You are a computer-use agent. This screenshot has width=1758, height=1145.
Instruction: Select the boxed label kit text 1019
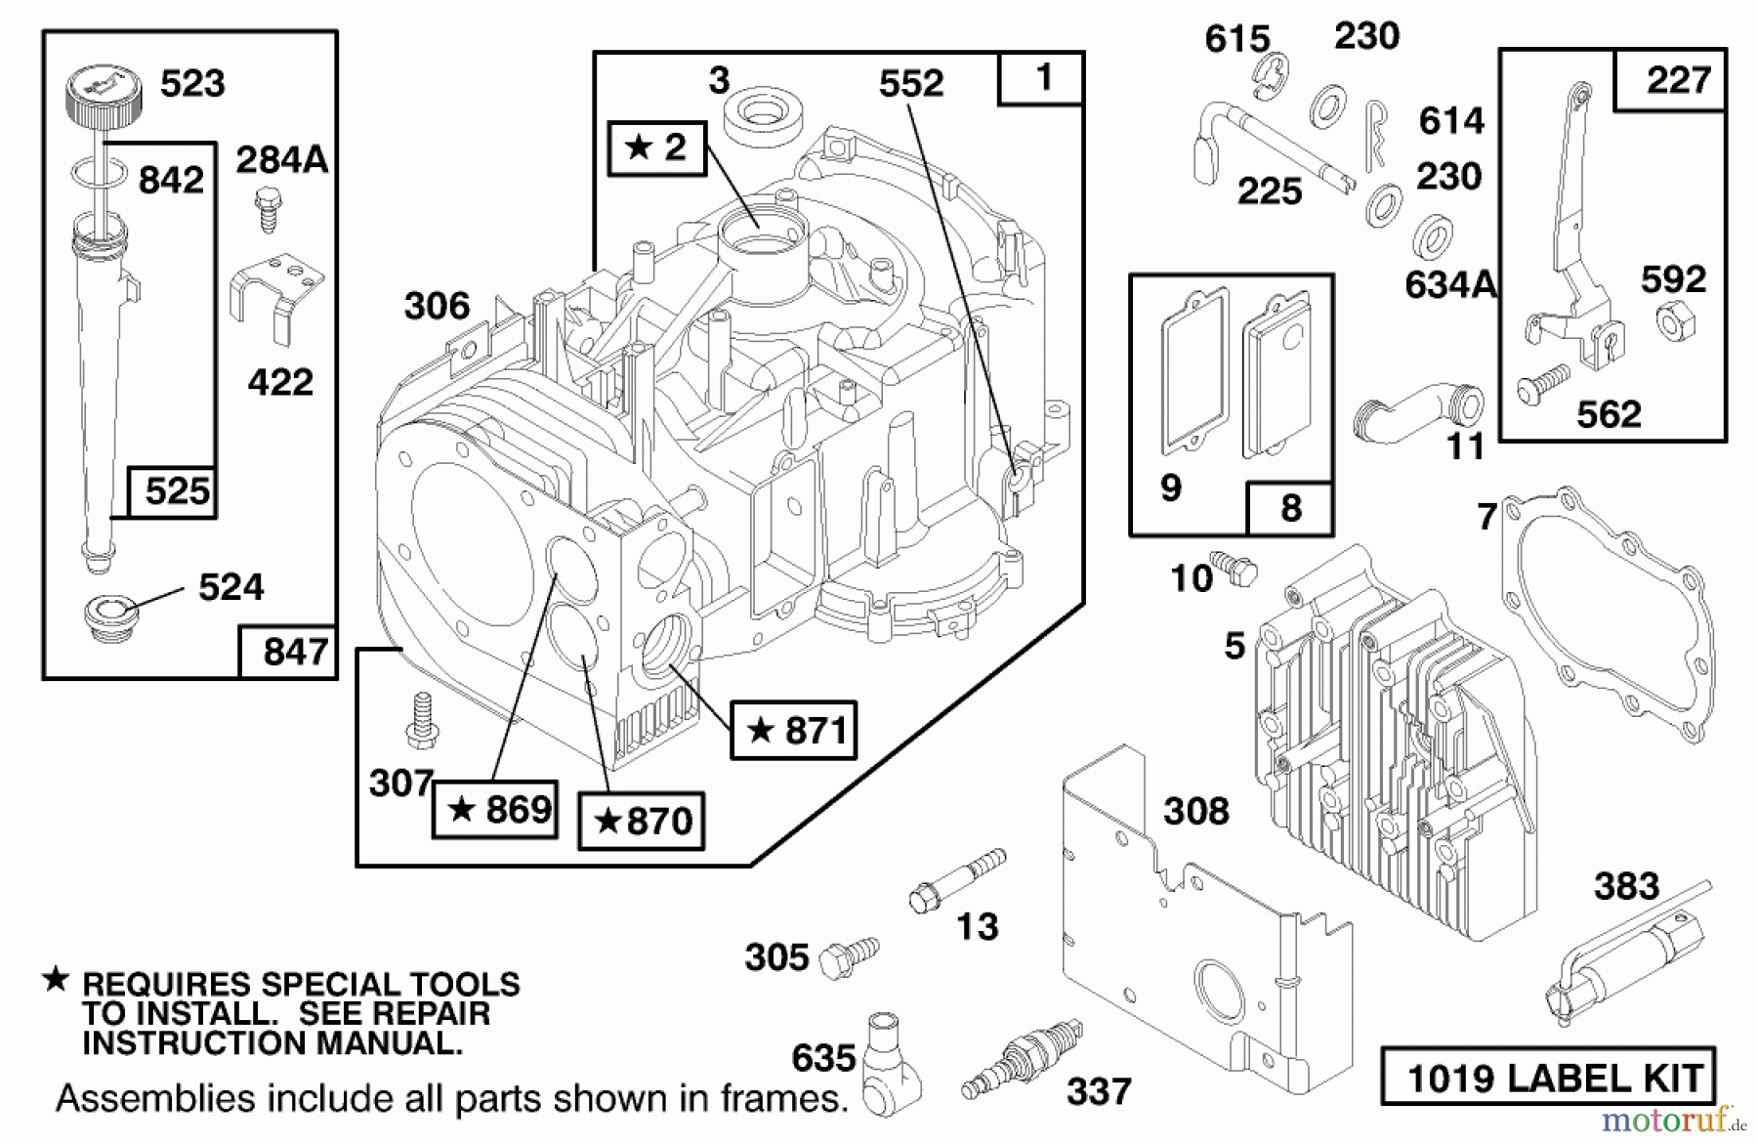pos(1548,1079)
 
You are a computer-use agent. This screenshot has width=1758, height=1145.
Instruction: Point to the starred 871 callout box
pos(794,730)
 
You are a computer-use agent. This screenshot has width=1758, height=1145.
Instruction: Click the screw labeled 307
pos(422,721)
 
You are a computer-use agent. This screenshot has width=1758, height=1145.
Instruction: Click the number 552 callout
pos(910,84)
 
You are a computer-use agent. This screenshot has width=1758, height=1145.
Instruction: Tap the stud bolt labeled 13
pos(956,879)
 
